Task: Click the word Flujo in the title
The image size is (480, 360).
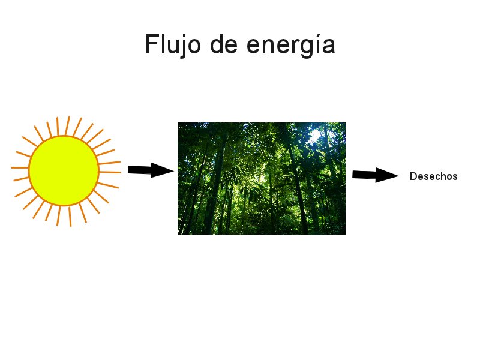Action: [170, 45]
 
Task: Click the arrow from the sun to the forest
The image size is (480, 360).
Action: [150, 170]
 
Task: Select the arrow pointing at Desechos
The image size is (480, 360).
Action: [375, 175]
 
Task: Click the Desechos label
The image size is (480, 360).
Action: [433, 176]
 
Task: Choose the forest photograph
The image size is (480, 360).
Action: [261, 178]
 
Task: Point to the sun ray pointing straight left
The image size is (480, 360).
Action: [19, 168]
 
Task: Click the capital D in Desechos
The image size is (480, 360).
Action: [413, 176]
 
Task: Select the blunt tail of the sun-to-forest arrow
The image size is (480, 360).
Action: [131, 170]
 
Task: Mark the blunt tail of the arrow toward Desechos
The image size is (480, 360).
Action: [356, 175]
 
